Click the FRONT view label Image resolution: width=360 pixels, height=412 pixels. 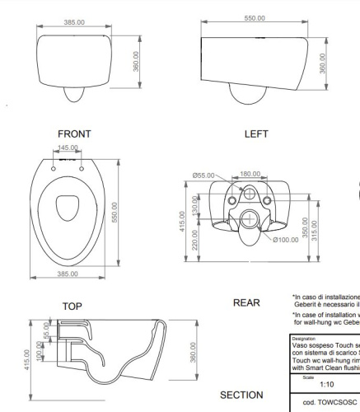click(75, 133)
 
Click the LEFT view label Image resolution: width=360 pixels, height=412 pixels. click(256, 133)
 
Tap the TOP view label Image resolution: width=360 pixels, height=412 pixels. click(72, 306)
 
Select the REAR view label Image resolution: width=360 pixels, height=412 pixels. click(246, 302)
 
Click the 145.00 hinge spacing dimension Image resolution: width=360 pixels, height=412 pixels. click(68, 148)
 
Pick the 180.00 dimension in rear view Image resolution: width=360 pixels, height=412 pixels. click(250, 174)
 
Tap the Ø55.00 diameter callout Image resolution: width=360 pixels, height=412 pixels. click(203, 174)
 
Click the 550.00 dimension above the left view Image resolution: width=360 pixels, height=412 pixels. click(255, 17)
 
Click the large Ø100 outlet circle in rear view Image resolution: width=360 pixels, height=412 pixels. click(250, 218)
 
